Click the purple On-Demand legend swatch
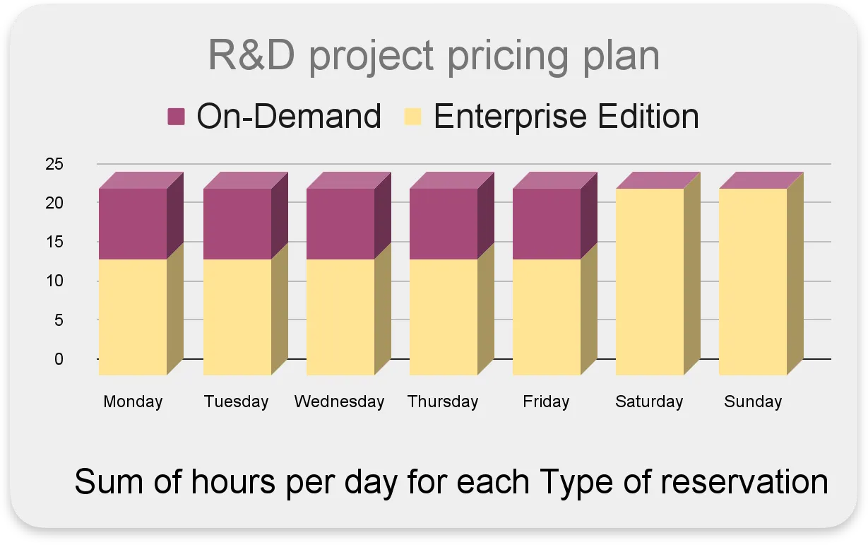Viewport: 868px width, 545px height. pyautogui.click(x=176, y=117)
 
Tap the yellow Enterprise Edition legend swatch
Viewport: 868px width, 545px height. pyautogui.click(x=412, y=117)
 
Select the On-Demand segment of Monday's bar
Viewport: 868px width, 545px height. pyautogui.click(x=133, y=224)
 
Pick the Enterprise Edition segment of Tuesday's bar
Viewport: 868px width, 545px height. pyautogui.click(x=237, y=317)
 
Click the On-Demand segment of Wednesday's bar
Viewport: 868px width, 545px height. pyautogui.click(x=340, y=224)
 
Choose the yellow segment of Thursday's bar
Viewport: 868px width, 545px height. pyautogui.click(x=444, y=317)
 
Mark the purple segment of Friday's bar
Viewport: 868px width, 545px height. pyautogui.click(x=547, y=224)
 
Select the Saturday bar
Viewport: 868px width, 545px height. pyautogui.click(x=650, y=281)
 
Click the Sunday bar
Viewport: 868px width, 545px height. pyautogui.click(x=753, y=281)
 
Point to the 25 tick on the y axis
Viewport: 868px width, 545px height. pyautogui.click(x=54, y=164)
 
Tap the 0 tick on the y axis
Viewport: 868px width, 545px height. pyautogui.click(x=59, y=359)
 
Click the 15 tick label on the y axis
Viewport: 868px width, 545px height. pyautogui.click(x=54, y=242)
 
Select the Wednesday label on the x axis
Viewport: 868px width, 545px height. pyautogui.click(x=340, y=402)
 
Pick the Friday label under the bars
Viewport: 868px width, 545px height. pyautogui.click(x=546, y=402)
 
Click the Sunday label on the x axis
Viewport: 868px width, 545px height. pyautogui.click(x=753, y=402)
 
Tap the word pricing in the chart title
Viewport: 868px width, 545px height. pyautogui.click(x=508, y=57)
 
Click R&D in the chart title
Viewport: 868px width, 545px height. pyautogui.click(x=251, y=54)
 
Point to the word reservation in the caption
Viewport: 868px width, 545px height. pyautogui.click(x=744, y=481)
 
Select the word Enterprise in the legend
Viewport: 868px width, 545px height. pyautogui.click(x=511, y=117)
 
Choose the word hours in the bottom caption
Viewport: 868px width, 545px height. pyautogui.click(x=233, y=481)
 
